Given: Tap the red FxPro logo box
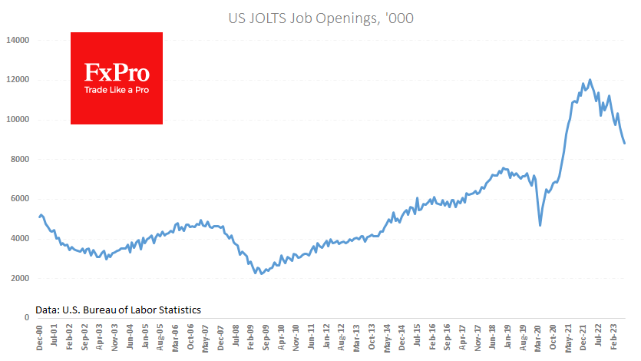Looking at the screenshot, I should (x=117, y=78).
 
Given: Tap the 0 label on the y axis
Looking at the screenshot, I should (x=26, y=318).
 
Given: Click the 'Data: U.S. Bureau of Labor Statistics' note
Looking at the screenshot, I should (x=118, y=310).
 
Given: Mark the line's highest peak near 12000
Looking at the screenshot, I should (x=590, y=79).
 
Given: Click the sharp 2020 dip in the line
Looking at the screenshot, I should (x=540, y=225).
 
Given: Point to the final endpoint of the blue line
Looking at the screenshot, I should (x=624, y=143).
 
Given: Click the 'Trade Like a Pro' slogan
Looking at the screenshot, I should (x=117, y=91).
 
